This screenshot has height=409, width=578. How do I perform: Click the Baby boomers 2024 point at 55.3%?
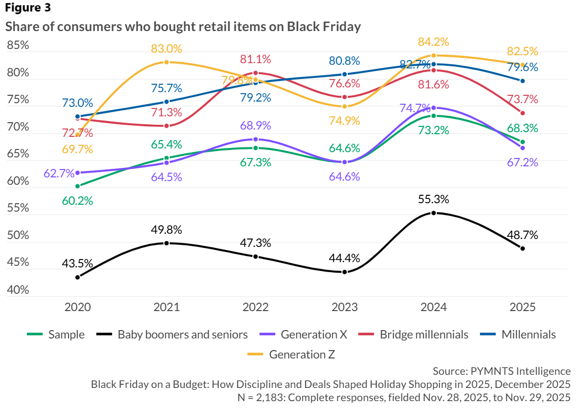click(x=434, y=213)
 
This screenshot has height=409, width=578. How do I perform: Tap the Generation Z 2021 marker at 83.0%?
click(x=166, y=62)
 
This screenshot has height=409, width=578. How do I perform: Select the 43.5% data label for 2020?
click(x=78, y=263)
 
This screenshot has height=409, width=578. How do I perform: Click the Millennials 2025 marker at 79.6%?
click(x=522, y=81)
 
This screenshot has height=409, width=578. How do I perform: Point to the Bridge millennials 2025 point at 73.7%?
click(x=522, y=113)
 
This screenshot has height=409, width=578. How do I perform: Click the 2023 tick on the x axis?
click(x=345, y=307)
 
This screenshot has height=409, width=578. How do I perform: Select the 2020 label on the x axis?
click(x=77, y=307)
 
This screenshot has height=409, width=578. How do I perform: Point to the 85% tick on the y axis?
click(x=18, y=46)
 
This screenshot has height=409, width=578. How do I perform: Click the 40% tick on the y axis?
click(x=18, y=290)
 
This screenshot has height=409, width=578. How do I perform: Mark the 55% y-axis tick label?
click(x=18, y=208)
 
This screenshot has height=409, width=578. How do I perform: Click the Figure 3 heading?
click(x=28, y=8)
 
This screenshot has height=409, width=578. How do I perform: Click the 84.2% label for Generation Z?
click(x=434, y=42)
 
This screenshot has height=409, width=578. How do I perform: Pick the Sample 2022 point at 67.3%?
click(x=256, y=148)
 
